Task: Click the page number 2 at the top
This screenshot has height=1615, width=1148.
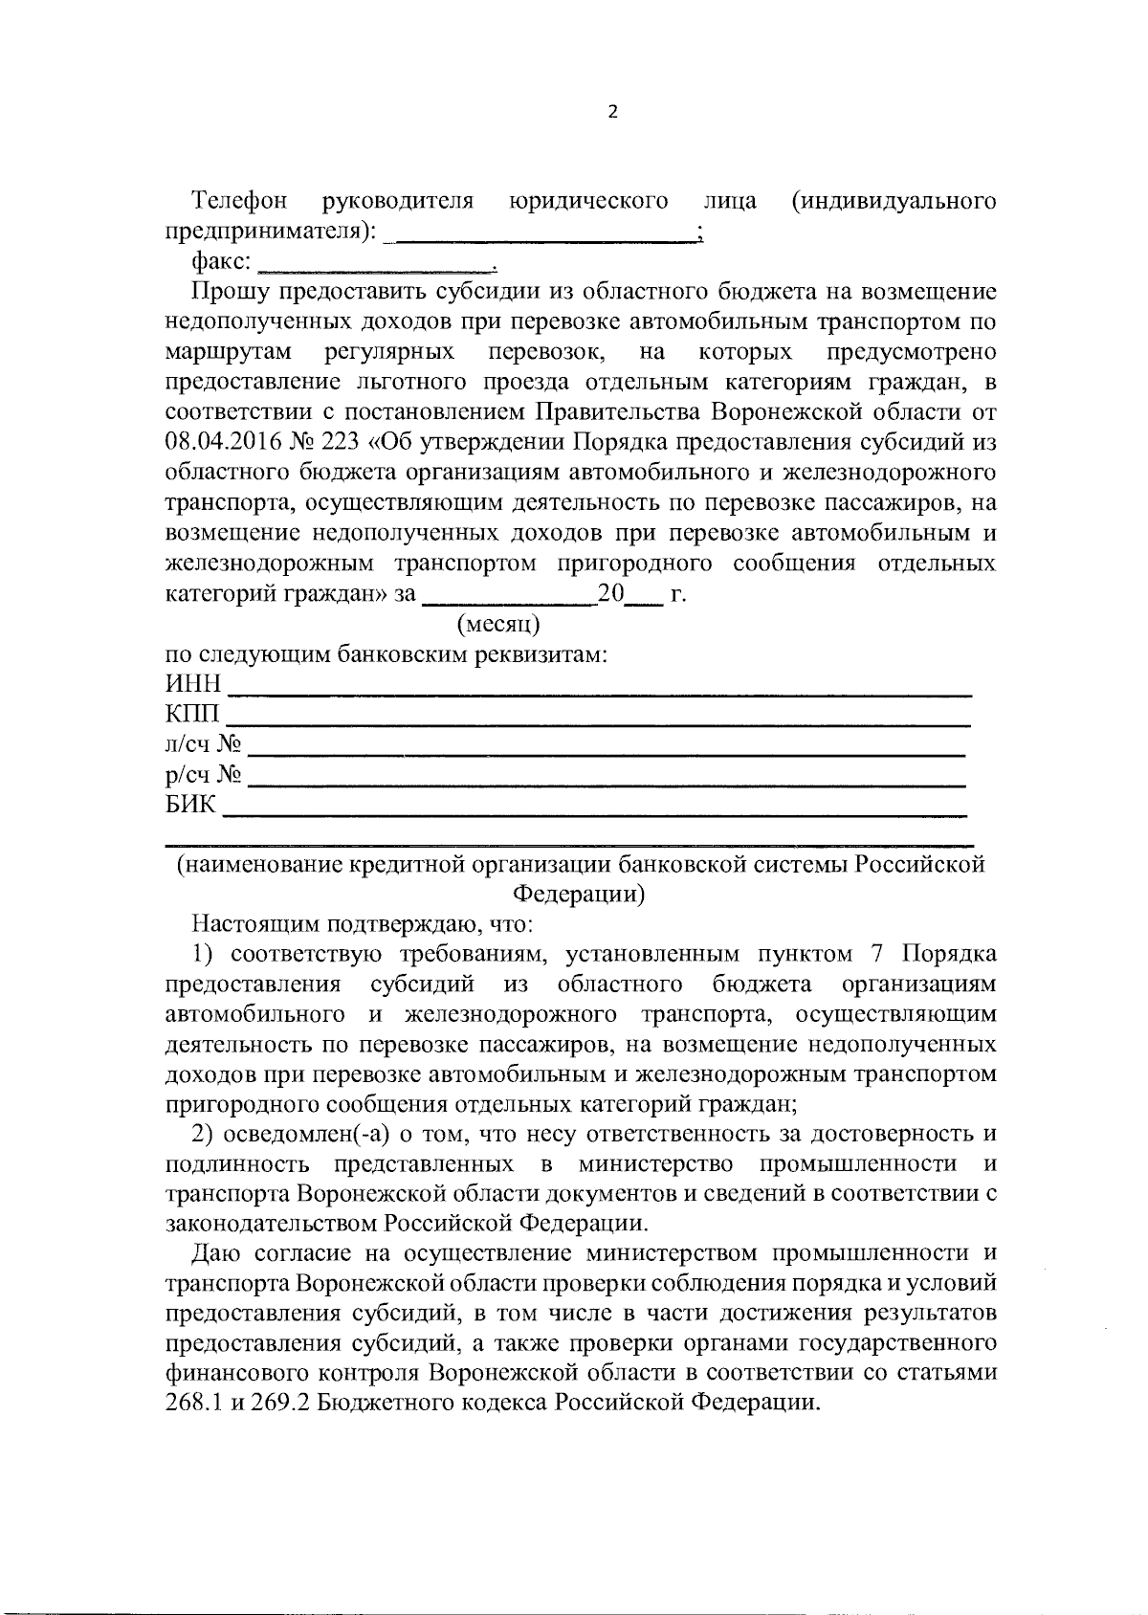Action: pyautogui.click(x=613, y=112)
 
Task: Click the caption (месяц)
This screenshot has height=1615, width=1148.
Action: pyautogui.click(x=498, y=625)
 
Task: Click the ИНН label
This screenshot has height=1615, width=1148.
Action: pyautogui.click(x=193, y=685)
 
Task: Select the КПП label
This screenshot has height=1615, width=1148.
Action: pyautogui.click(x=192, y=715)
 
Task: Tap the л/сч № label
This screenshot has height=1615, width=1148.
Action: pyautogui.click(x=202, y=744)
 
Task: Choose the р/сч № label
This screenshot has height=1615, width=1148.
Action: pyautogui.click(x=203, y=774)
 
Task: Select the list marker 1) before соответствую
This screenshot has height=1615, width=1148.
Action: pyautogui.click(x=207, y=955)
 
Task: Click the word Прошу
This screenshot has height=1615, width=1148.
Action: pyautogui.click(x=226, y=292)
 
